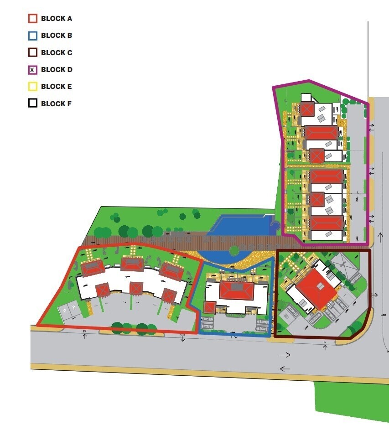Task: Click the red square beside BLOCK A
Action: tap(32, 19)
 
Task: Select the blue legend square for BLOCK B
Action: tap(32, 36)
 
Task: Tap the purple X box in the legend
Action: tap(32, 70)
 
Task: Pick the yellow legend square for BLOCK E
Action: tap(32, 87)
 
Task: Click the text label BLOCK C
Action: tap(57, 53)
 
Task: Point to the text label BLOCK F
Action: tap(56, 104)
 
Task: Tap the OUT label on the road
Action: tap(182, 335)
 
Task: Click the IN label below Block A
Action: tap(85, 331)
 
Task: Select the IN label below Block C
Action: tap(325, 342)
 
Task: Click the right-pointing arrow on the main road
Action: tap(285, 354)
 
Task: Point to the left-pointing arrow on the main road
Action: tap(285, 368)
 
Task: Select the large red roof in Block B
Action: tap(237, 290)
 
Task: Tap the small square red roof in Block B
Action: tap(209, 307)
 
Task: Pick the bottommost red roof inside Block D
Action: tap(326, 223)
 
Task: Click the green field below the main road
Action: tap(351, 404)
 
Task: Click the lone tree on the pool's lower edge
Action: tap(234, 250)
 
